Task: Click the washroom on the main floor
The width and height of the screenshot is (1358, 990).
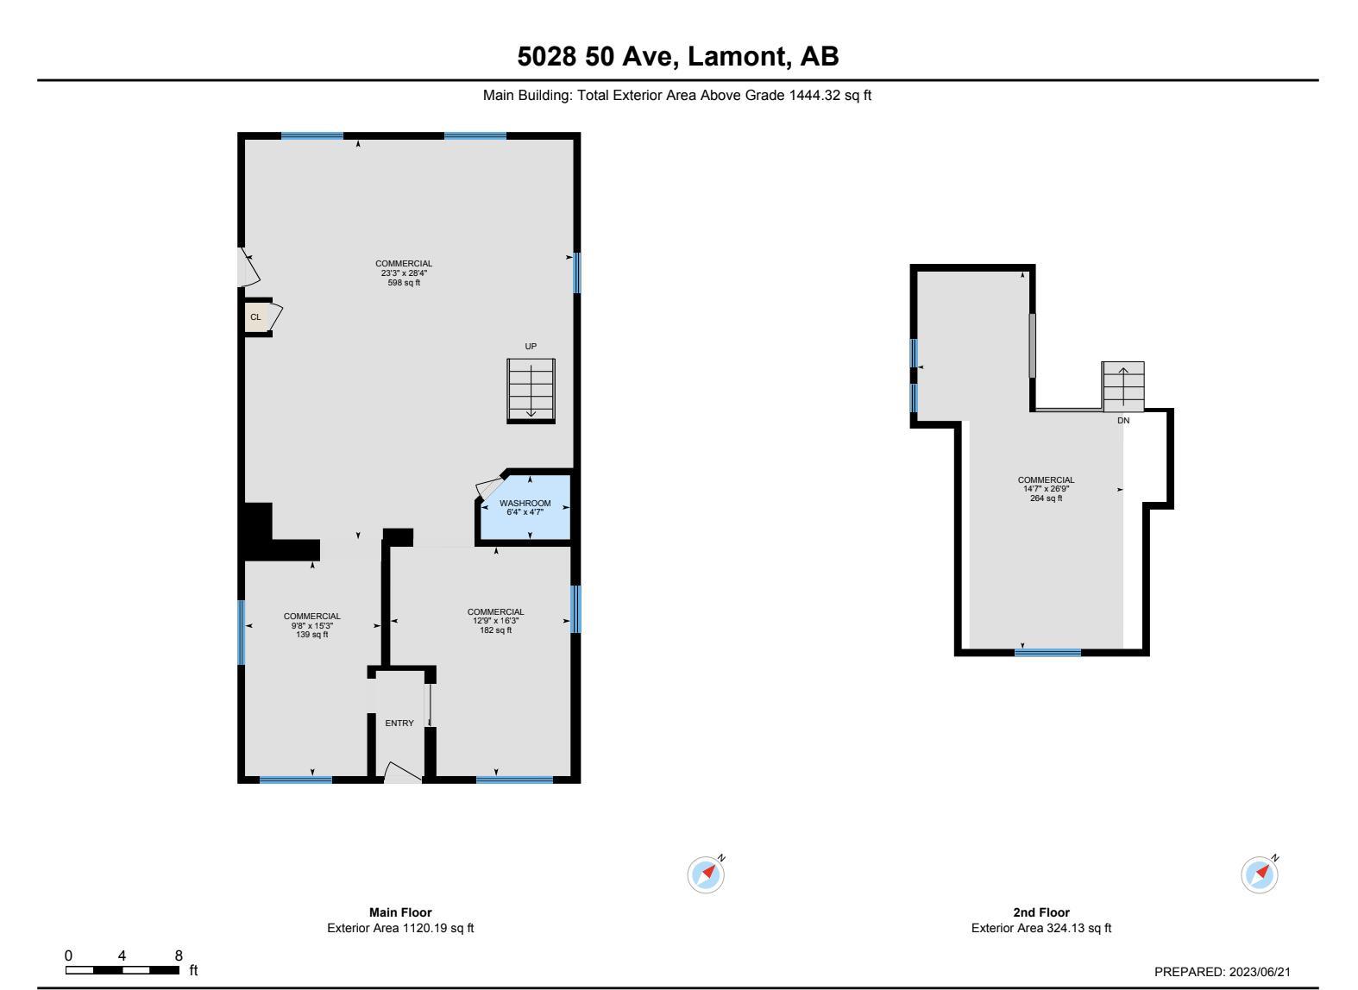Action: [525, 509]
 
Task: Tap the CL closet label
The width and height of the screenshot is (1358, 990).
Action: [255, 317]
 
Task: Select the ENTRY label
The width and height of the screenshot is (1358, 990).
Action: [399, 724]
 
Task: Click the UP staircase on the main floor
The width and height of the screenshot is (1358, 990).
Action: [531, 390]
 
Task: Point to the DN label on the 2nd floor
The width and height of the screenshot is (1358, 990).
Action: [1123, 421]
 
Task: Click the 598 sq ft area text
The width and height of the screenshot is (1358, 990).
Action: [404, 283]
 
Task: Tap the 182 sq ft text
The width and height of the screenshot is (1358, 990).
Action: [495, 630]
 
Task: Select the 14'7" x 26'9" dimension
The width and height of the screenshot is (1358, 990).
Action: [1046, 489]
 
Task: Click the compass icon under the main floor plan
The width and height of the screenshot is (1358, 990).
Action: [707, 875]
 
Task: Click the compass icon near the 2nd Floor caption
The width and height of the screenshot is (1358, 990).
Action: [1260, 875]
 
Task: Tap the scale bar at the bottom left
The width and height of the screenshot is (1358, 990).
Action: [123, 970]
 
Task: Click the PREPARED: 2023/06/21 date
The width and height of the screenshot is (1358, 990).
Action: [1223, 972]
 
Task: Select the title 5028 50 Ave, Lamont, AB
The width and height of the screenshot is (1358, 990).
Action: [678, 57]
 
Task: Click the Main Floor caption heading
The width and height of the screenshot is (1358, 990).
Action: [400, 912]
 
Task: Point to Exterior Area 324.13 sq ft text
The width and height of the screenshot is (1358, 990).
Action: [1041, 929]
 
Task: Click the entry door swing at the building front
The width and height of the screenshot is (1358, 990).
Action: [401, 773]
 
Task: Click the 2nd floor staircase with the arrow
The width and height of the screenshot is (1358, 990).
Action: [1122, 385]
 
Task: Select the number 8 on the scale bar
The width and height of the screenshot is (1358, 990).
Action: [179, 956]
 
